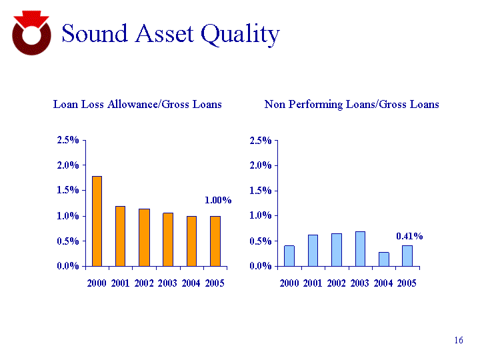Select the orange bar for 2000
pos(97,221)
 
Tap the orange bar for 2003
pos(168,239)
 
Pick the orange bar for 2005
pos(215,241)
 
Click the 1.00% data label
pos(217,200)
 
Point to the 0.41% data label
pos(409,236)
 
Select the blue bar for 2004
pos(383,259)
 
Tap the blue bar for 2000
pos(289,255)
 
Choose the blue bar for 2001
pos(313,250)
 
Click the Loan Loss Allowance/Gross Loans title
pos(137,105)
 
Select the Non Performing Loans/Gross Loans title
pos(351,105)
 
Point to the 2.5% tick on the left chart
pos(68,140)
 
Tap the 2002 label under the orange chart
pos(144,283)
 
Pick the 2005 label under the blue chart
pos(407,283)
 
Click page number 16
pos(458,341)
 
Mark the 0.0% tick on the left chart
pos(68,266)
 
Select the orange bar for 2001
pos(121,236)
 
